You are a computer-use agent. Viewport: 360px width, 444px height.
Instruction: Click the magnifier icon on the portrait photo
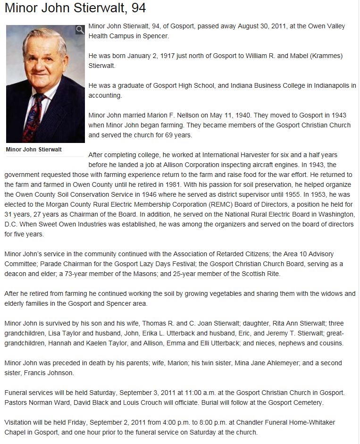coord(80,30)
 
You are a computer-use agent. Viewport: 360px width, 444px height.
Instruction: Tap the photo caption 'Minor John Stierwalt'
coord(33,150)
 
